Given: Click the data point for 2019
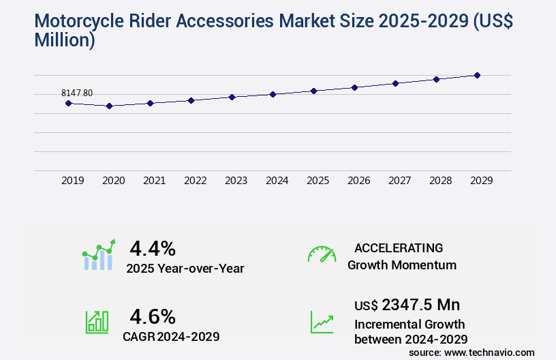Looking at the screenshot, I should [68, 103].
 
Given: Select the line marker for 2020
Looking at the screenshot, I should [109, 106].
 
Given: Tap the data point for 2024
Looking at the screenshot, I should [273, 94].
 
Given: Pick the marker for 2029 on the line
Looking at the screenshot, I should [477, 75].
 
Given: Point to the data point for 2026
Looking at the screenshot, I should [354, 87].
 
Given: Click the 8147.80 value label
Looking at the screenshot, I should [77, 93].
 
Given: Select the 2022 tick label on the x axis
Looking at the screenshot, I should [195, 181].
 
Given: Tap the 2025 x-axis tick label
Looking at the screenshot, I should [318, 181].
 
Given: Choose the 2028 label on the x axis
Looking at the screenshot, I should [440, 181].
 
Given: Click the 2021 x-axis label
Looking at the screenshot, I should [154, 181].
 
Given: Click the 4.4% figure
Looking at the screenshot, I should [153, 247].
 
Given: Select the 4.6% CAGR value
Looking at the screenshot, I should [153, 316].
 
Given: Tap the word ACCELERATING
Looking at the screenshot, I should [399, 247].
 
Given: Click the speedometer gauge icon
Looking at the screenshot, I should [322, 254].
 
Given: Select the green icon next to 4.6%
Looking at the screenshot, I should [97, 322].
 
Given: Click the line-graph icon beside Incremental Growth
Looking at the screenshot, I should [322, 322].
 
